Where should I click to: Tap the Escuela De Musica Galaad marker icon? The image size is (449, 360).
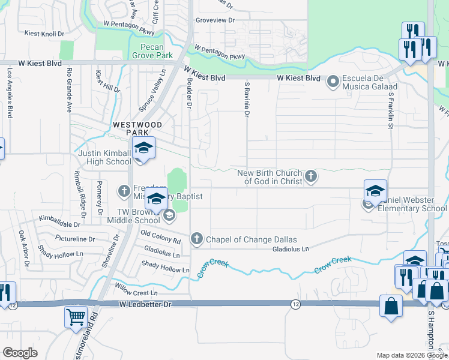(x=334, y=80)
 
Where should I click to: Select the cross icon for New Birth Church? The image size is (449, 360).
(x=310, y=176)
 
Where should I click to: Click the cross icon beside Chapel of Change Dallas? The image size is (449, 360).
(x=196, y=239)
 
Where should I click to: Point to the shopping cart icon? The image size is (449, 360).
(x=76, y=316)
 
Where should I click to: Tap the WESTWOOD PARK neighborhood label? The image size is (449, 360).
(x=137, y=125)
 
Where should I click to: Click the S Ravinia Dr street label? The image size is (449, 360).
(x=246, y=100)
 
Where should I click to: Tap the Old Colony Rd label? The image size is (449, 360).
(x=160, y=236)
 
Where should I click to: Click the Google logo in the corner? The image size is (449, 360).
(x=20, y=353)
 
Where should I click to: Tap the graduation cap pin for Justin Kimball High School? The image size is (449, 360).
(x=144, y=147)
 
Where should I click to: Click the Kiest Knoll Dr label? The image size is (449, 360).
(x=44, y=34)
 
